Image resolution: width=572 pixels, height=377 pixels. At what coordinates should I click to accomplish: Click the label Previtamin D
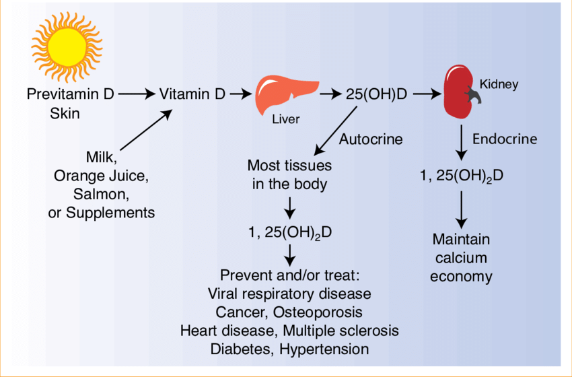(70, 95)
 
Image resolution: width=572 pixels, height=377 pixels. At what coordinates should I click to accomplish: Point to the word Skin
(65, 113)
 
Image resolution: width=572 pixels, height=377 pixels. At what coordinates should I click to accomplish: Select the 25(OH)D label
(376, 95)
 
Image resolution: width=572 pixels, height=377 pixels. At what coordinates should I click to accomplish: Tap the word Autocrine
(371, 139)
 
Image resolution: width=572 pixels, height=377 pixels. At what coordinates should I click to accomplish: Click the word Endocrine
(505, 139)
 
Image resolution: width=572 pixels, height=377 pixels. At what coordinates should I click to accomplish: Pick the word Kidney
(499, 85)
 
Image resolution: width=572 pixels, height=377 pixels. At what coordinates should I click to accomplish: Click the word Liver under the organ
(285, 120)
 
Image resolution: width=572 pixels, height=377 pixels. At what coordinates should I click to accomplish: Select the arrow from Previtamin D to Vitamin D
(136, 95)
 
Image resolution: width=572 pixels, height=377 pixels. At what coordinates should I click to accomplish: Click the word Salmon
(101, 195)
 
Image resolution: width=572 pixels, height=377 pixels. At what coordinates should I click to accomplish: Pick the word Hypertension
(328, 349)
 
